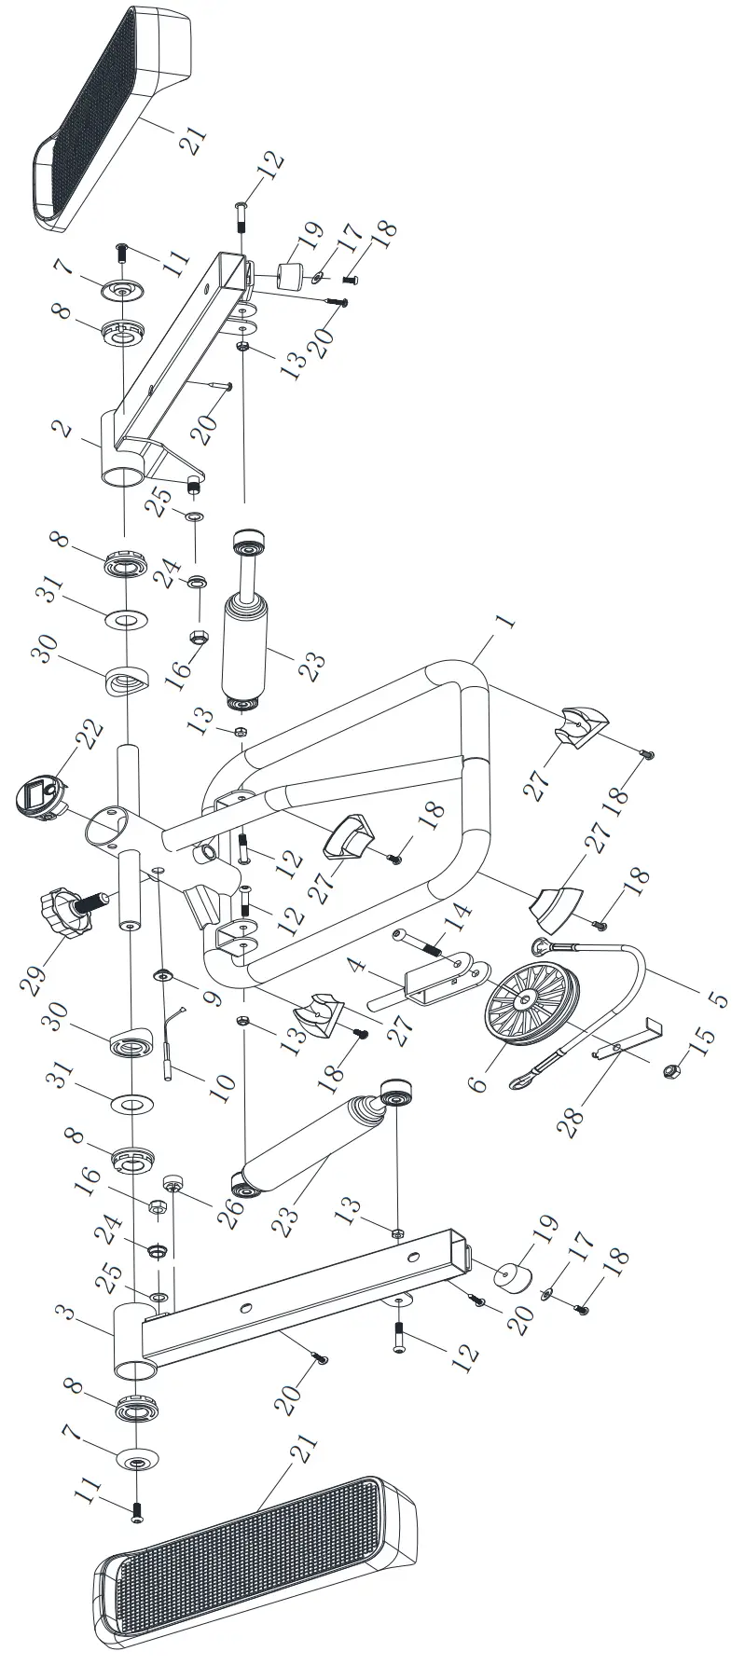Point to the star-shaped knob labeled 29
67,910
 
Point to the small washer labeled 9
163,975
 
